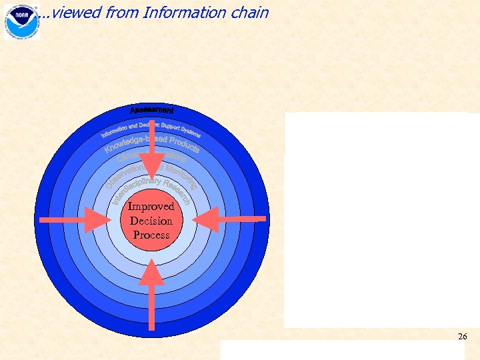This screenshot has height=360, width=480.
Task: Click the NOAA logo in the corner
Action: click(x=22, y=21)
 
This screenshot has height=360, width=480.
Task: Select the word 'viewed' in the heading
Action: click(x=71, y=13)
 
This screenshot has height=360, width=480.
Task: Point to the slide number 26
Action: click(x=462, y=337)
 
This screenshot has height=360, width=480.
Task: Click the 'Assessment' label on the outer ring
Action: click(x=152, y=109)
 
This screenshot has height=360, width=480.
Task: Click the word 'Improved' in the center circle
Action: click(x=151, y=207)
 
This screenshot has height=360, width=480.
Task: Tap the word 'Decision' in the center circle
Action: click(x=151, y=221)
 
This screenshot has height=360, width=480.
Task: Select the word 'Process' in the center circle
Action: click(x=151, y=235)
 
